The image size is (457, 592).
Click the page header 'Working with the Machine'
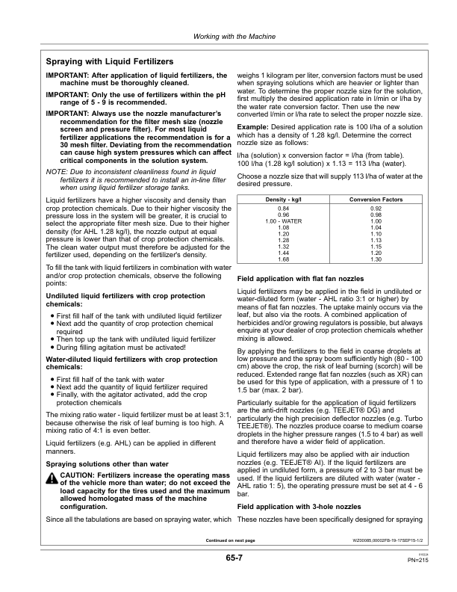click(x=228, y=37)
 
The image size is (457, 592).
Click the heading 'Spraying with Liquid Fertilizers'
click(x=110, y=61)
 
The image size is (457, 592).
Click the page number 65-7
click(x=228, y=558)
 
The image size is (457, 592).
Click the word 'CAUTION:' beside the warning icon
click(x=78, y=475)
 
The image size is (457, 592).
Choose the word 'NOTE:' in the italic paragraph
click(x=57, y=171)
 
